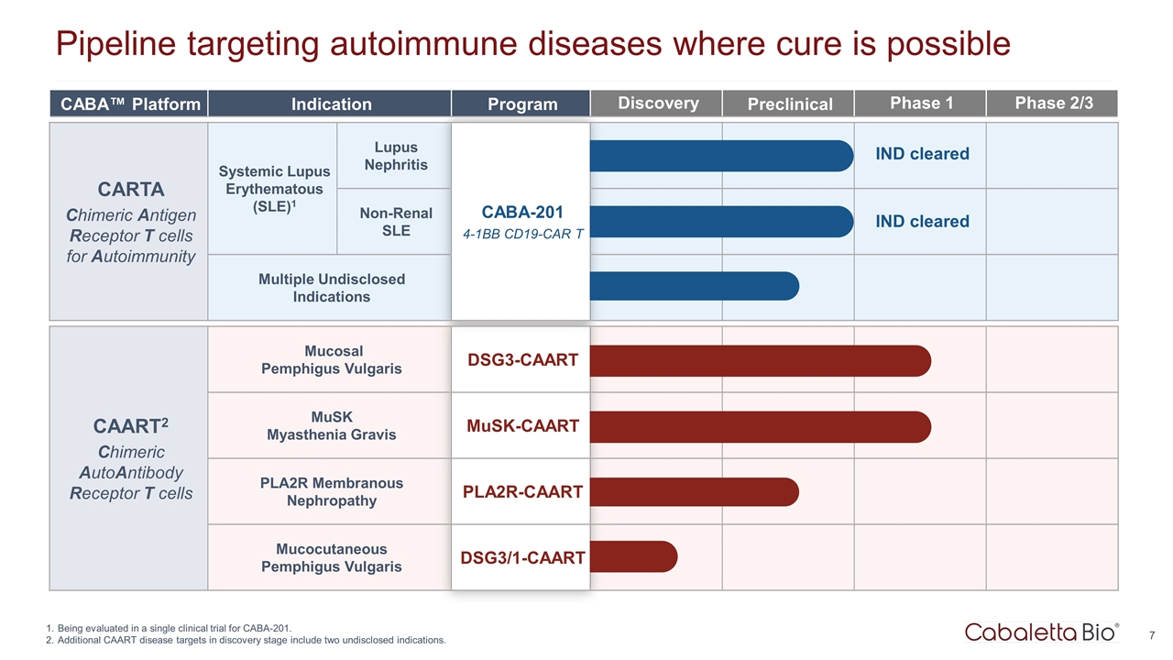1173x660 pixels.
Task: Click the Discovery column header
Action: coord(658,104)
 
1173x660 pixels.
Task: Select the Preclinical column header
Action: coord(789,104)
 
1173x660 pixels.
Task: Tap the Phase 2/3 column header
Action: coord(1053,103)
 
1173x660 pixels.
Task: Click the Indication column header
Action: coord(331,104)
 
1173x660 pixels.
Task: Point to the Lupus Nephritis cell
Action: coord(395,156)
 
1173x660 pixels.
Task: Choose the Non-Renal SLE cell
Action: coord(395,222)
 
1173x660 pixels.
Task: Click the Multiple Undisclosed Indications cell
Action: coord(331,288)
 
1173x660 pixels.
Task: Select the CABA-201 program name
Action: coord(521,213)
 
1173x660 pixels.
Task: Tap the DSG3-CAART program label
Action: coord(522,360)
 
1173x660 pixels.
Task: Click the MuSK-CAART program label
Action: coord(522,426)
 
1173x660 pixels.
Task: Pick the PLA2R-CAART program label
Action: coord(522,492)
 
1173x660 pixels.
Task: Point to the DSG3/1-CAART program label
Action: coord(522,557)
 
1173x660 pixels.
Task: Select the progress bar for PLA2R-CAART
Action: coord(694,492)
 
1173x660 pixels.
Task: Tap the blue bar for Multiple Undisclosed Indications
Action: coord(694,287)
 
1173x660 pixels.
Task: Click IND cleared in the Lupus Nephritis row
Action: coord(922,154)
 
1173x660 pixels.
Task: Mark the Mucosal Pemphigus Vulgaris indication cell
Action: coord(331,360)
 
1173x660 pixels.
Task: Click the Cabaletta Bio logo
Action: coord(1041,632)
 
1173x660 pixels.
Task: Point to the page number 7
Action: coord(1151,635)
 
